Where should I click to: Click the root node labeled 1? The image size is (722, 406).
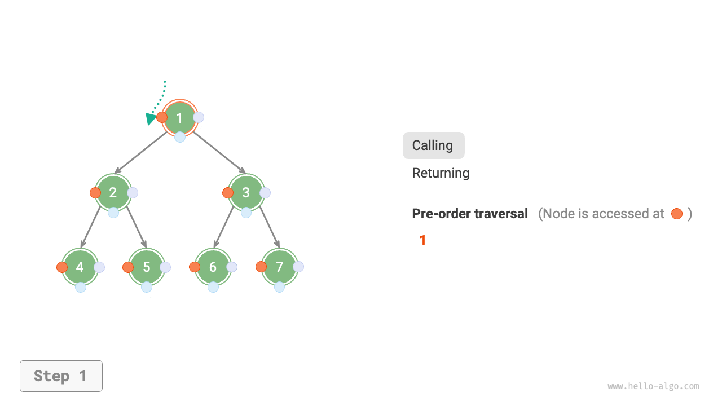click(x=179, y=118)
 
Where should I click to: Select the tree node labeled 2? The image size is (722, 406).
click(x=113, y=192)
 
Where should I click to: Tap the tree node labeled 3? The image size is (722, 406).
click(x=246, y=192)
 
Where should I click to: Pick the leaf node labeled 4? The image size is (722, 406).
click(x=80, y=267)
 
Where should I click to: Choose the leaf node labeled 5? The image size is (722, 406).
click(x=147, y=267)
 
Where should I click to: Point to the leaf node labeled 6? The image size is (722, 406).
click(x=213, y=267)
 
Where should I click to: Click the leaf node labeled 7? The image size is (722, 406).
click(x=280, y=267)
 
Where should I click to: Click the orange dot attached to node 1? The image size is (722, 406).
click(x=162, y=117)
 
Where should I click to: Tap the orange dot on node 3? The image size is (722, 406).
click(x=228, y=193)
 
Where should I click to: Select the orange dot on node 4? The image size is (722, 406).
click(x=62, y=267)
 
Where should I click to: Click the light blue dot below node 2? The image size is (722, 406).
click(x=113, y=213)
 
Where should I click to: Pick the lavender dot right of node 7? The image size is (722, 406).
click(x=298, y=267)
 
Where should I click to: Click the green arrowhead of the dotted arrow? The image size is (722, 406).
click(x=151, y=119)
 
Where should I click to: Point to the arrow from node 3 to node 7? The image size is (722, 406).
click(x=269, y=226)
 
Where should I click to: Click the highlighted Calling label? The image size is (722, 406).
click(x=433, y=145)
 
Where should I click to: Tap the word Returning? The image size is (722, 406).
click(x=441, y=173)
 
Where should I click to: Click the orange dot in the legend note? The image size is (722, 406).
click(x=677, y=214)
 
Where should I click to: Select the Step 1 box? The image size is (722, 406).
click(x=61, y=376)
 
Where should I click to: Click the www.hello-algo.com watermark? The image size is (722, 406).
click(x=653, y=386)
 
